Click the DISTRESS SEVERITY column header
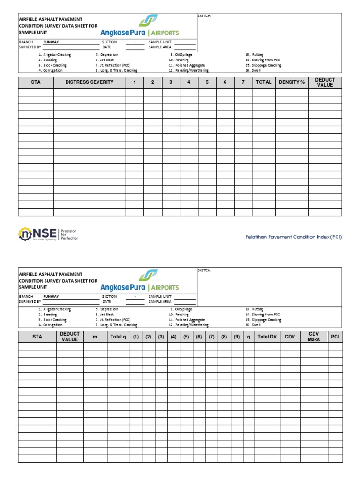point(89,82)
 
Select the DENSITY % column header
point(292,82)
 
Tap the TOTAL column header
point(263,82)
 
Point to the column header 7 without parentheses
point(243,82)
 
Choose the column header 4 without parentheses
point(189,82)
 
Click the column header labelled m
point(95,337)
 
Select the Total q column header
point(118,337)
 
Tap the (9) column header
point(237,337)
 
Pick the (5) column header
point(186,337)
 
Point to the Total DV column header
point(267,337)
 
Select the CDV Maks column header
point(314,337)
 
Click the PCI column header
point(335,337)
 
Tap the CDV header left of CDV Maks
point(290,337)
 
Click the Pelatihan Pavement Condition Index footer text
point(293,237)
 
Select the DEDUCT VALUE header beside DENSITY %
point(324,82)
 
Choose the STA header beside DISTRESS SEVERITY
point(36,82)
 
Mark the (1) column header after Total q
point(135,337)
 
